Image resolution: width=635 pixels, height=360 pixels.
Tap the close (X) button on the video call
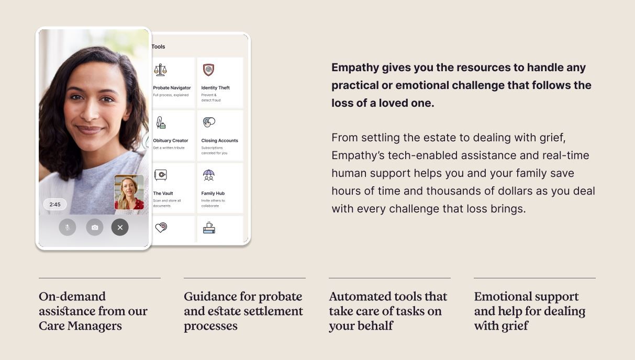pos(120,227)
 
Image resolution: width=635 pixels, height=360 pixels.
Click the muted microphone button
pos(68,227)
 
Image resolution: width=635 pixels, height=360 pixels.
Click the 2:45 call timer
pos(55,205)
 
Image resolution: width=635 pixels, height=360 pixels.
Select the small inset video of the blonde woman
pos(129,192)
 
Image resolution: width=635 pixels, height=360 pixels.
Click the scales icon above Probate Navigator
pos(160,70)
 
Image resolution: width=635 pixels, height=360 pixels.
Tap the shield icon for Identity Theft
pos(209,70)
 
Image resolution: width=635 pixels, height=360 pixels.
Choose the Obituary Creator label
pos(170,140)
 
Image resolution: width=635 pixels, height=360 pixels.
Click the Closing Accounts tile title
pos(220,140)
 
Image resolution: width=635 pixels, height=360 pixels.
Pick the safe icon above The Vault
pos(160,175)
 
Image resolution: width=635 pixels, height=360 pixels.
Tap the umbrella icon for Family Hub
pos(209,175)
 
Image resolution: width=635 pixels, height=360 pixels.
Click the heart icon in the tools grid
pos(161,228)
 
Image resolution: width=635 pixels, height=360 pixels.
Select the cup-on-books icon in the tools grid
pos(209,228)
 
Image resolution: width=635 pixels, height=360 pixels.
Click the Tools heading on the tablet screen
pos(158,47)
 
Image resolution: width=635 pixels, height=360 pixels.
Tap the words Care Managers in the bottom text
pos(80,326)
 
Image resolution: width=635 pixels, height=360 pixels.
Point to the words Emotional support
pos(527,297)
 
